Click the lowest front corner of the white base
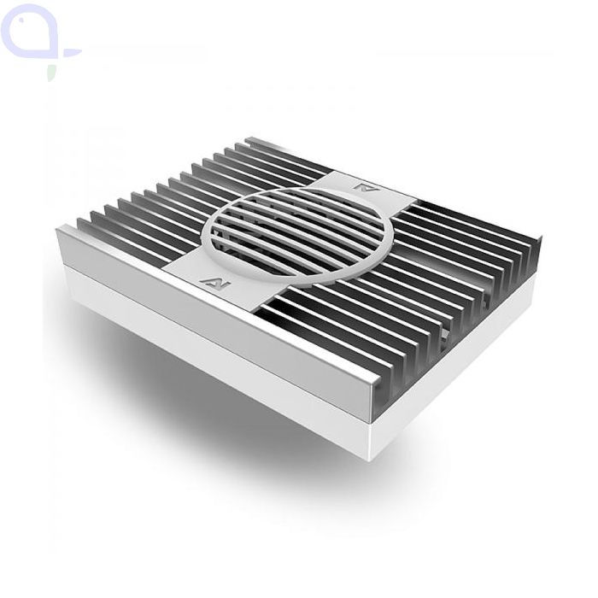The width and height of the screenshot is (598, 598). click(372, 458)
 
